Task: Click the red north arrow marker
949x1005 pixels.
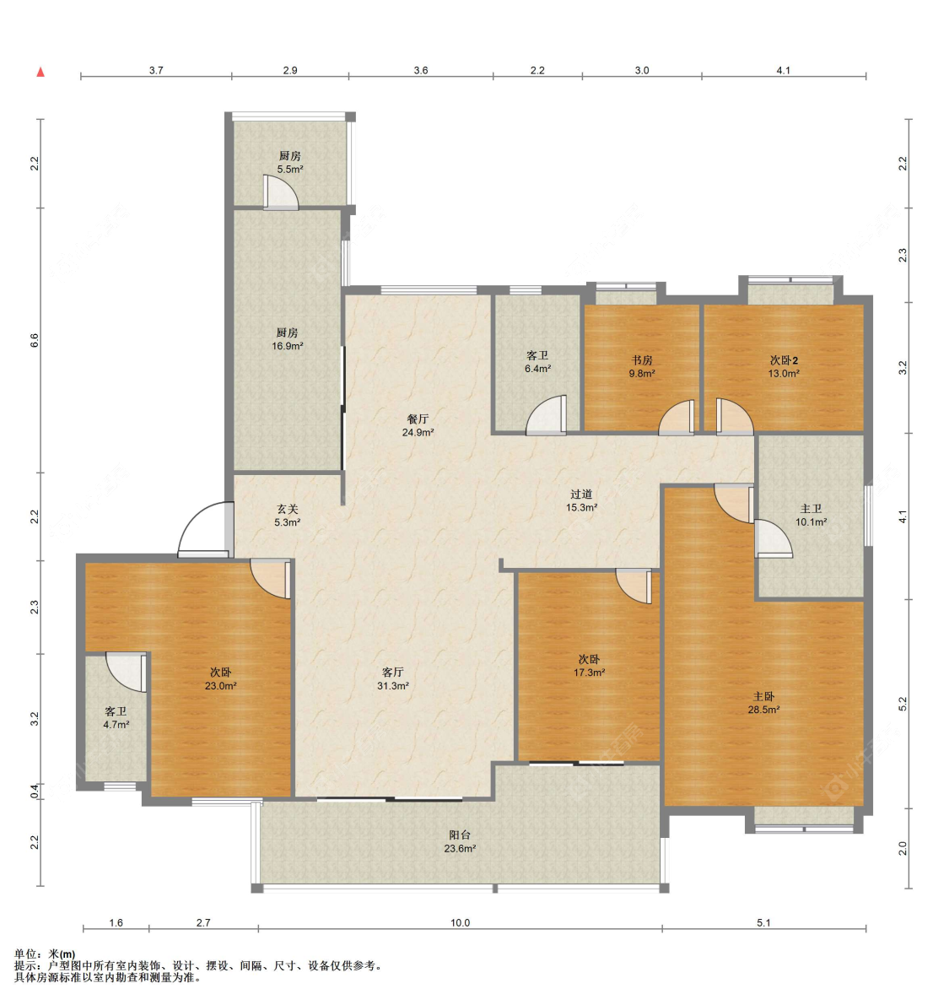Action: tap(40, 72)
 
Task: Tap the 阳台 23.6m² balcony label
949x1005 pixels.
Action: tap(460, 841)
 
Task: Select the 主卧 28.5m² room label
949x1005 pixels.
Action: tap(763, 702)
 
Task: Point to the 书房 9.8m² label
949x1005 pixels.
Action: tap(641, 366)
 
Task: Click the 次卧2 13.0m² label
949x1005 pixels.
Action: tap(784, 366)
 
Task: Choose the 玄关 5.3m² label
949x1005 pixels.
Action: tap(287, 516)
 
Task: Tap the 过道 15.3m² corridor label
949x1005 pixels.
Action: tap(581, 500)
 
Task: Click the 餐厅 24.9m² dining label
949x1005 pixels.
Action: tap(418, 425)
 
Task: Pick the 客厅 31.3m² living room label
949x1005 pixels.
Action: tap(393, 678)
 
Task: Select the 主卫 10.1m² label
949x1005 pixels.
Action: tap(811, 516)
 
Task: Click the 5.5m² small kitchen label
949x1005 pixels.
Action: tap(289, 163)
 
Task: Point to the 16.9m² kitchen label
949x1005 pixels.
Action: tap(287, 339)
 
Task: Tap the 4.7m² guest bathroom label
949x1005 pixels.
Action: tap(116, 718)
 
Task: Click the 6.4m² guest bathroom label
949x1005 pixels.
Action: tap(537, 361)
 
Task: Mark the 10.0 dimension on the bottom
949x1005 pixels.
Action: tap(460, 923)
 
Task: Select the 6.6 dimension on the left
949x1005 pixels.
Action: tap(35, 340)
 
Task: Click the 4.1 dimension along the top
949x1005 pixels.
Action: tap(783, 71)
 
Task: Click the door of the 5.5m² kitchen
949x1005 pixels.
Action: tap(281, 192)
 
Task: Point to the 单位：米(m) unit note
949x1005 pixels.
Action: tap(44, 954)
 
